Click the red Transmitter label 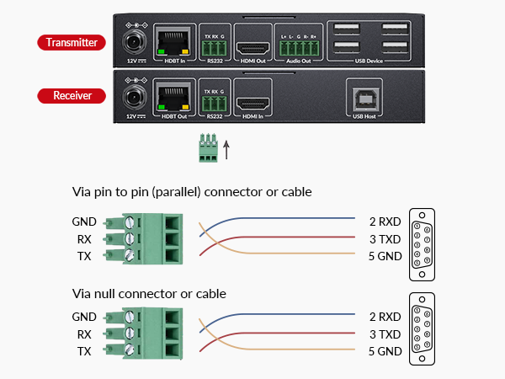pyautogui.click(x=72, y=42)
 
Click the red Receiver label pyautogui.click(x=72, y=95)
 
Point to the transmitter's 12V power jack pyautogui.click(x=133, y=41)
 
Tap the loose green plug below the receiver pyautogui.click(x=209, y=147)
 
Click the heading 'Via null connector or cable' pyautogui.click(x=149, y=294)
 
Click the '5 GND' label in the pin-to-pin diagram pyautogui.click(x=385, y=256)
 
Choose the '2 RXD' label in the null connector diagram pyautogui.click(x=385, y=318)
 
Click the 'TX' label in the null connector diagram pyautogui.click(x=84, y=351)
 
